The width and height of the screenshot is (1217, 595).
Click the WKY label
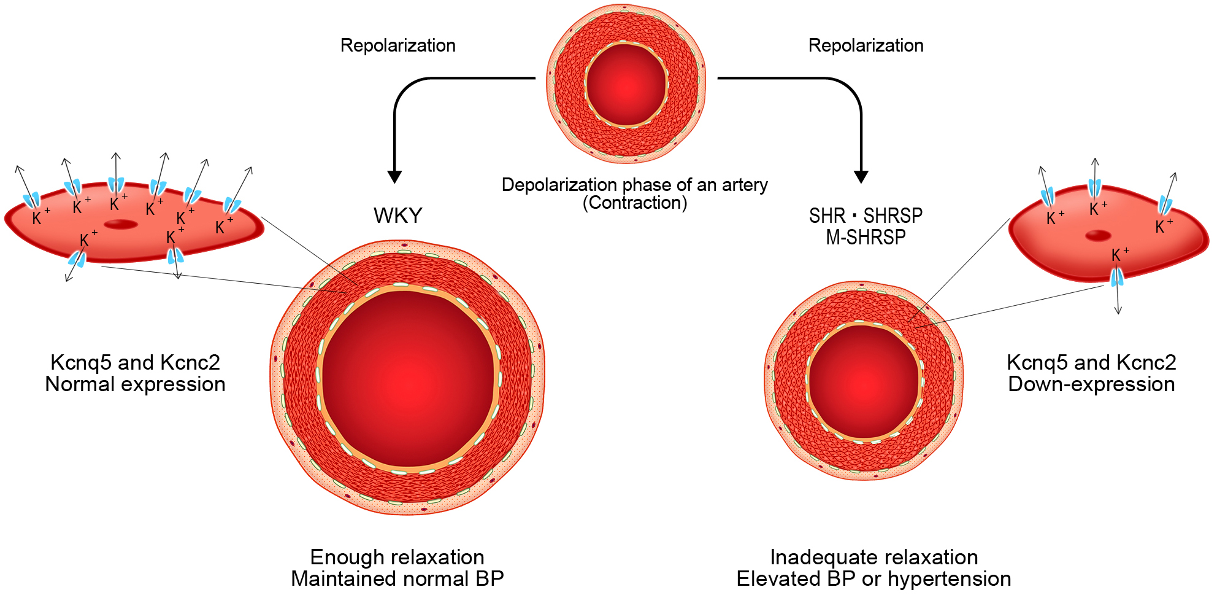click(x=398, y=216)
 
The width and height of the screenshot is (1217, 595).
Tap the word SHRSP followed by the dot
click(x=893, y=216)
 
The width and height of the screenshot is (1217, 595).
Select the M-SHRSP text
click(x=866, y=238)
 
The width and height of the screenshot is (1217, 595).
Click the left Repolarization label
click(x=397, y=45)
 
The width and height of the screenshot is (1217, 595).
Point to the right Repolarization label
click(x=866, y=45)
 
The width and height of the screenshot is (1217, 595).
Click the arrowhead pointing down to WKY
click(x=394, y=177)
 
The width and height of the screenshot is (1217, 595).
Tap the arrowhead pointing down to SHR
click(x=861, y=177)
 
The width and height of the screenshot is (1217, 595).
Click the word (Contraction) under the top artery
click(x=635, y=203)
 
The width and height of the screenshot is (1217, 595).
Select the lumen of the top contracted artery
click(x=626, y=84)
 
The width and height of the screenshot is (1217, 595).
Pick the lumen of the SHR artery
click(x=864, y=381)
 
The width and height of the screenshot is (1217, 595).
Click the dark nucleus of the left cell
click(x=121, y=224)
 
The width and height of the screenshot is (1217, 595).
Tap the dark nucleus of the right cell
click(x=1098, y=235)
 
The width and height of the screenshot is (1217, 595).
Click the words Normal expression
click(x=136, y=385)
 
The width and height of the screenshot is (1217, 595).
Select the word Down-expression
click(x=1091, y=385)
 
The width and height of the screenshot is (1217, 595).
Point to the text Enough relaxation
click(x=397, y=558)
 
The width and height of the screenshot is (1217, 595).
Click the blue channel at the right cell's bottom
click(x=1117, y=278)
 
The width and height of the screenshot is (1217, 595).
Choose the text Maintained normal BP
click(x=397, y=579)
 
